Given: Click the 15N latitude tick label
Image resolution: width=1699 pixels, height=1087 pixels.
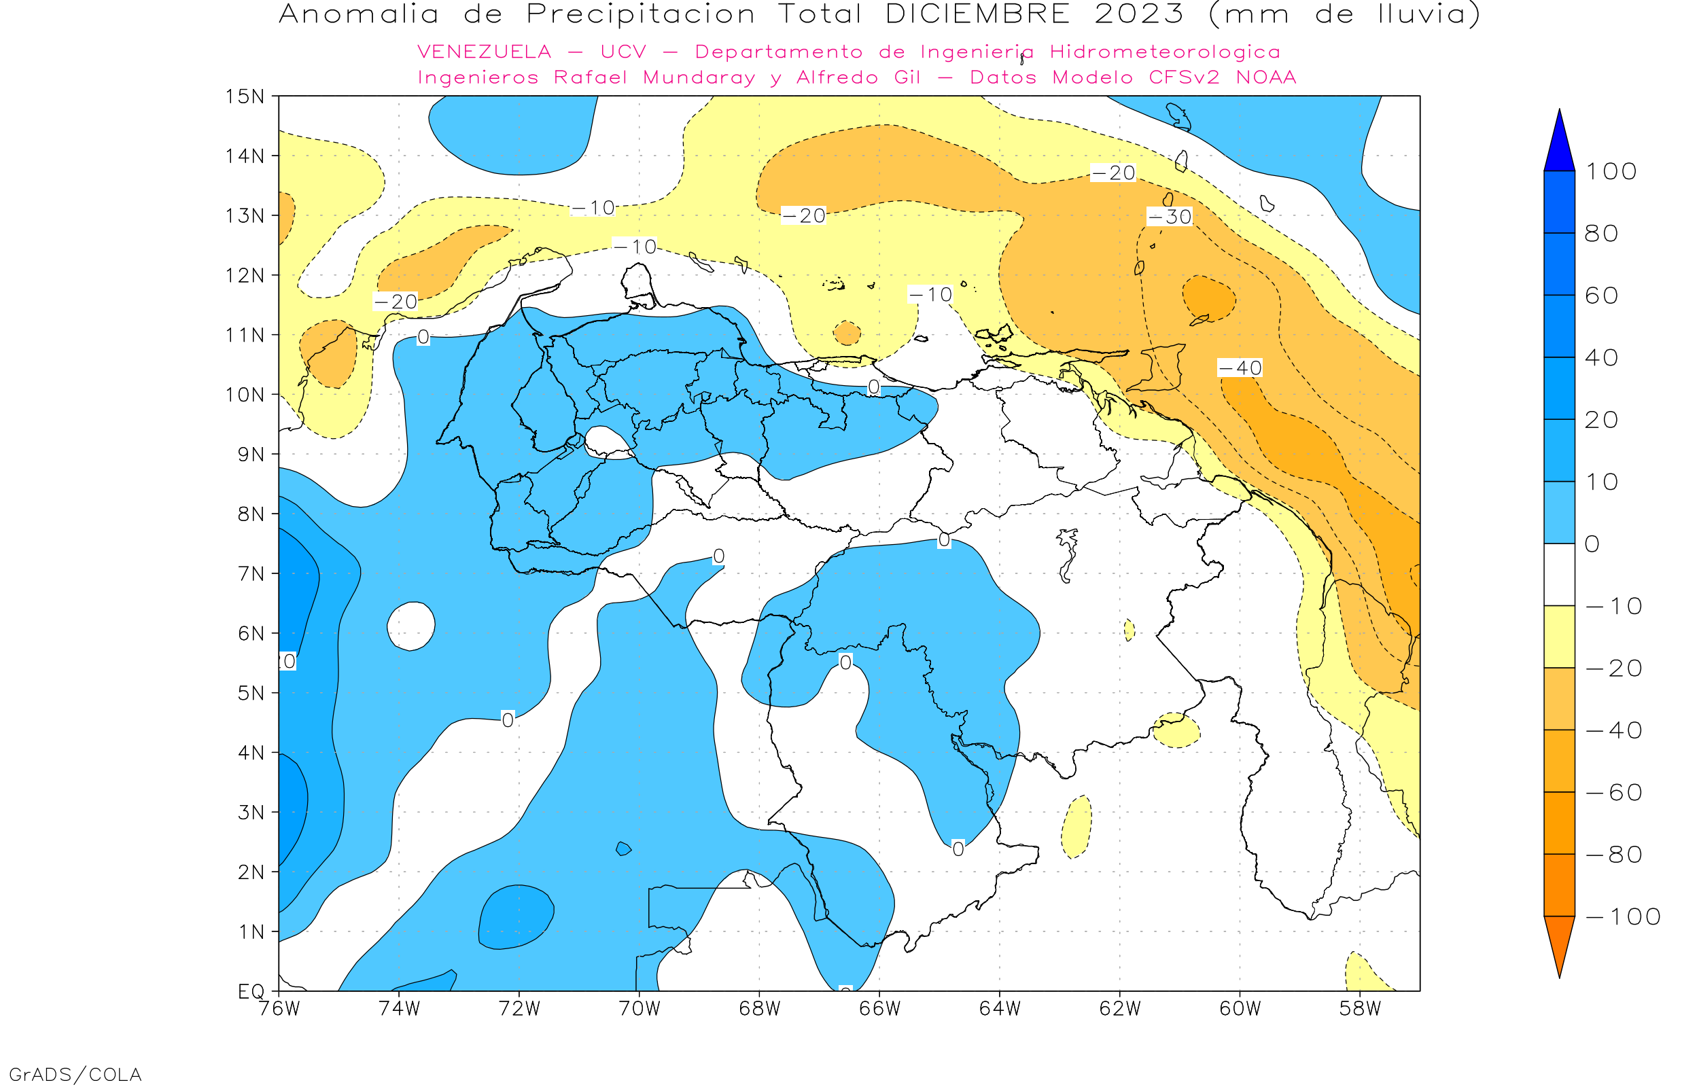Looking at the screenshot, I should click(x=244, y=96).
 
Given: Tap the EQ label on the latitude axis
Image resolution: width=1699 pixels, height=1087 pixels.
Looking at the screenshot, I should click(x=251, y=991).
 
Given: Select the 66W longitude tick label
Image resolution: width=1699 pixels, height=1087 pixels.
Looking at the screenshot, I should click(x=879, y=1009).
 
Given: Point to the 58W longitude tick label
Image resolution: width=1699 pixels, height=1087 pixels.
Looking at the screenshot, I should click(x=1359, y=1009).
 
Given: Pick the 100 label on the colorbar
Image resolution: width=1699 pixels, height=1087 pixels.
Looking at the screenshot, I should click(x=1611, y=171).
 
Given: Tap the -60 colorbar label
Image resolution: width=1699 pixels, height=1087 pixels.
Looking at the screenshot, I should click(x=1613, y=793).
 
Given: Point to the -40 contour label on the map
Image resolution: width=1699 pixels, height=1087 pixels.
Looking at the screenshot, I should click(x=1240, y=368).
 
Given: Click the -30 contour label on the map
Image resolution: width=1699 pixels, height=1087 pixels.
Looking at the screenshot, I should click(x=1170, y=217).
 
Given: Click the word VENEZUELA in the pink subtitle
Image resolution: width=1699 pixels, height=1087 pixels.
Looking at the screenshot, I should click(x=485, y=52).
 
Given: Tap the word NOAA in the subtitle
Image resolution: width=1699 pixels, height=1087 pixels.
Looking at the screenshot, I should click(x=1266, y=77).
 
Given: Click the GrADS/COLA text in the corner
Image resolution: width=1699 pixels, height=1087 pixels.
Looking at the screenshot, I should click(x=75, y=1074).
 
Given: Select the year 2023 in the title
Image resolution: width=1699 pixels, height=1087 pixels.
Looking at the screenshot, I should click(x=1138, y=14).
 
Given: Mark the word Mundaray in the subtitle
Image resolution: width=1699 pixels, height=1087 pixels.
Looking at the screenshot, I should click(x=699, y=77).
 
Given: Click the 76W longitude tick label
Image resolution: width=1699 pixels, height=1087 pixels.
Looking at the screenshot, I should click(x=279, y=1009).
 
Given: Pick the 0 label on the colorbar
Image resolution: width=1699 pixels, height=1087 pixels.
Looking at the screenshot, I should click(x=1592, y=544).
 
